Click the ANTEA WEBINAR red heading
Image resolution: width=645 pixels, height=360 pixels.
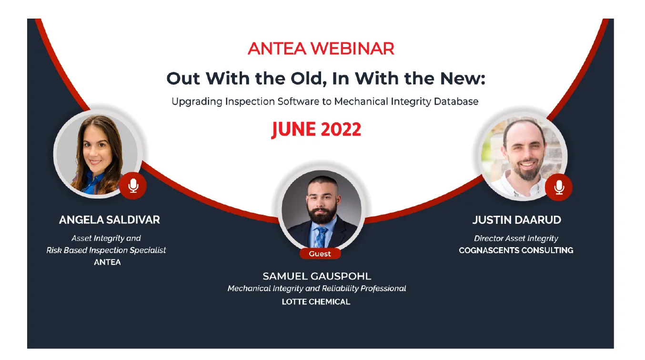pos(321,49)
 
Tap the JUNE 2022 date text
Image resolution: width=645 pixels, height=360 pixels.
pos(316,130)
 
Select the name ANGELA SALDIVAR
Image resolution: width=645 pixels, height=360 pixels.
pos(110,220)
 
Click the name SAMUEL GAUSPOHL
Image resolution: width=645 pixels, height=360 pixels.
pos(317,276)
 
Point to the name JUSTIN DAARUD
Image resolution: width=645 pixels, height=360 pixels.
pos(516,220)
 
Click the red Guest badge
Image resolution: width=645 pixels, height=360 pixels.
pos(320,254)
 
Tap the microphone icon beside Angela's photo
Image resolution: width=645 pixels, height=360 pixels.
pos(133,185)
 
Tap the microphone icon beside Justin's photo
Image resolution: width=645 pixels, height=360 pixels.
pos(559,187)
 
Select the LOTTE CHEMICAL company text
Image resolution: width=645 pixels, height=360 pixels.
pos(316,301)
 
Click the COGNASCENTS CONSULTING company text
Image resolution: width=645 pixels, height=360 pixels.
pos(516,250)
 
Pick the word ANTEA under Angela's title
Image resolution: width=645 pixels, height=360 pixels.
pos(107,262)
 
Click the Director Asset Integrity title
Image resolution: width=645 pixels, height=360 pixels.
pos(516,238)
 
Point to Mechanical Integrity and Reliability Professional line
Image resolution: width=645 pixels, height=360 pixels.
pos(317,289)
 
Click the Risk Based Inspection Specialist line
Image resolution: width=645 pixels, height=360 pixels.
pos(106,250)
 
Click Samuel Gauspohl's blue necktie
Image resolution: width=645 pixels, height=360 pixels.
pos(321,236)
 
